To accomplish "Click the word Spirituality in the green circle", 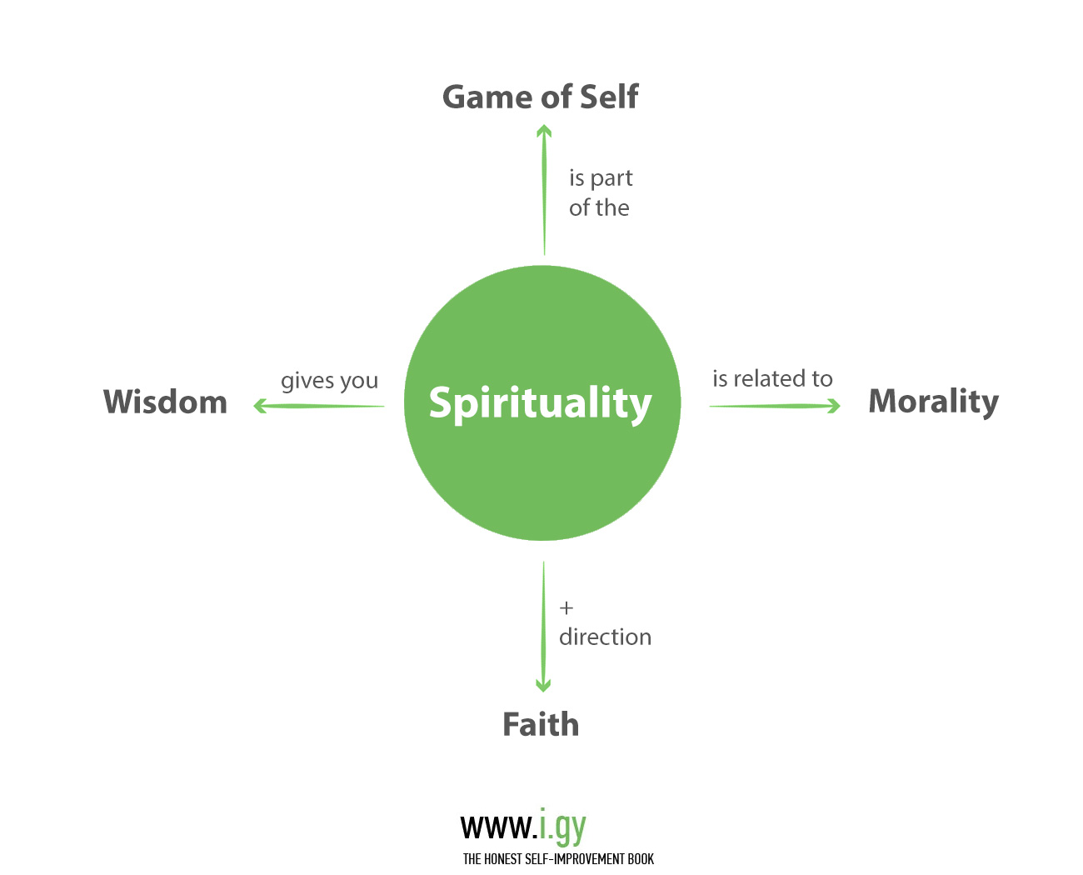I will click(540, 403).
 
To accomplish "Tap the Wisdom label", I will click(165, 402).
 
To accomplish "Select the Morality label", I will click(933, 402).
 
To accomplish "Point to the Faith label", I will click(541, 724).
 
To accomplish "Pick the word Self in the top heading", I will click(609, 97).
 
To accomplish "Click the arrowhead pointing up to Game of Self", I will click(544, 130).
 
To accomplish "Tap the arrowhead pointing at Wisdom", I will click(260, 406).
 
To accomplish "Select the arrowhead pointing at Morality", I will click(834, 406).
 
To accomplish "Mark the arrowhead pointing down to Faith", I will click(543, 686).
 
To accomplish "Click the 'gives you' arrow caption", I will click(329, 381).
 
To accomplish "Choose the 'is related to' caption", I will click(772, 379).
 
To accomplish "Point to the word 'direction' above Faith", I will click(605, 637).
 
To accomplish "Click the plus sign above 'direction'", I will click(566, 607).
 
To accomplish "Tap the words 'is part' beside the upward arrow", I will click(601, 178).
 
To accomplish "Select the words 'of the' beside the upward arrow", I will click(599, 207).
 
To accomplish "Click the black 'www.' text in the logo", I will click(498, 827).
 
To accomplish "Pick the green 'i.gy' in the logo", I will click(562, 827).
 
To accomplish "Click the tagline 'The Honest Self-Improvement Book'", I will click(558, 859).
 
